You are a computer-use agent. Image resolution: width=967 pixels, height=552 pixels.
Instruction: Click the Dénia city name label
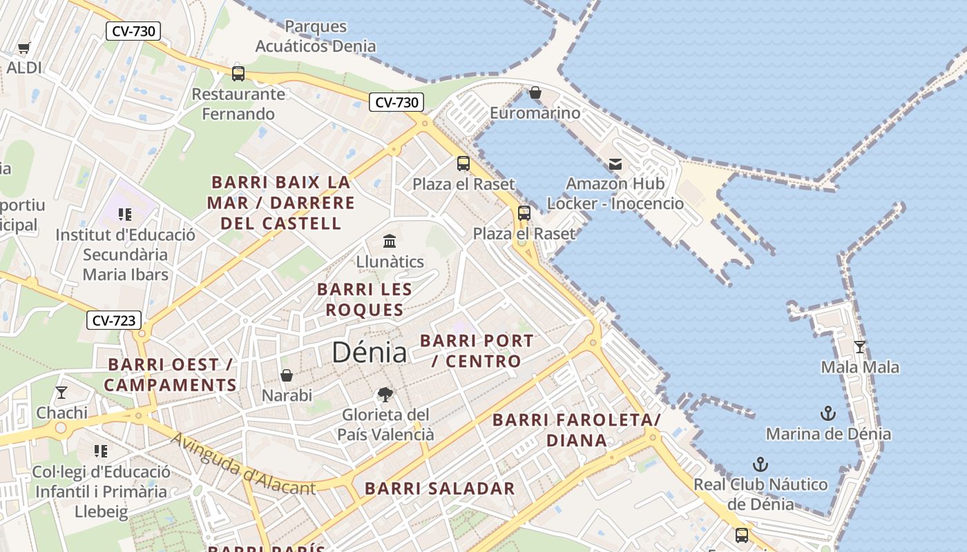point(369,353)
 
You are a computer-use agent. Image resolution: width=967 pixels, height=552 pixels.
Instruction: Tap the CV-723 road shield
point(114,320)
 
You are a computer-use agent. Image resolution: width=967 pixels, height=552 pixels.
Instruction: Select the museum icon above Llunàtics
point(390,241)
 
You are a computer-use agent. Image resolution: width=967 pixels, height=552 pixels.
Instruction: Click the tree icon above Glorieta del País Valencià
point(385,395)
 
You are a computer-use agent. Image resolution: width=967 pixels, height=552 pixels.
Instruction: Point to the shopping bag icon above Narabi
point(287,375)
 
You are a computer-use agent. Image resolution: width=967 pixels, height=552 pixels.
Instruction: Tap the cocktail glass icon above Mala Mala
point(860,346)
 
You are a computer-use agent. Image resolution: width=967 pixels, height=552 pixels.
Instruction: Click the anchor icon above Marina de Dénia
point(827,413)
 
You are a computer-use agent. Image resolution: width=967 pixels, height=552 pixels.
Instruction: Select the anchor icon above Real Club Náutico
point(760,464)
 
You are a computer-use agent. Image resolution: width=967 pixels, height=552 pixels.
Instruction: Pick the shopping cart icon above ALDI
point(24,48)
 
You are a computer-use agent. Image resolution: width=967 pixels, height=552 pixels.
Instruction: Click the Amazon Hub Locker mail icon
point(615,164)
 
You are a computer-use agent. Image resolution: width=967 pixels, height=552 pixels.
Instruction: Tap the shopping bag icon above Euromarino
point(535,92)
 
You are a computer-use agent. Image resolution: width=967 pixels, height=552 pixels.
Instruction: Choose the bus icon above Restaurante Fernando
point(238,73)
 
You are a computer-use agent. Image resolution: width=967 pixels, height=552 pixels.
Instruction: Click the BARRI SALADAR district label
point(440,489)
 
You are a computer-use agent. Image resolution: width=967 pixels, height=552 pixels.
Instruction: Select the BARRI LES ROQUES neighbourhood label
point(365,299)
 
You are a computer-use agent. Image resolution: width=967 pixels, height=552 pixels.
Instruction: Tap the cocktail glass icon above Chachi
point(61,393)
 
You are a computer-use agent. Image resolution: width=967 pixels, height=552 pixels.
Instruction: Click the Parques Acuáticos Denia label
point(316,37)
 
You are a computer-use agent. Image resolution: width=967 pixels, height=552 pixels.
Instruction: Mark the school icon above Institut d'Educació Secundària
point(125,215)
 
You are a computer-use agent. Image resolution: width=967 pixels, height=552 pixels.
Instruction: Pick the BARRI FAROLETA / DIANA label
point(577,430)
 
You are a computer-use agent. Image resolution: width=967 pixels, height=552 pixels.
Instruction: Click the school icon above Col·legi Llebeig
point(101,451)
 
